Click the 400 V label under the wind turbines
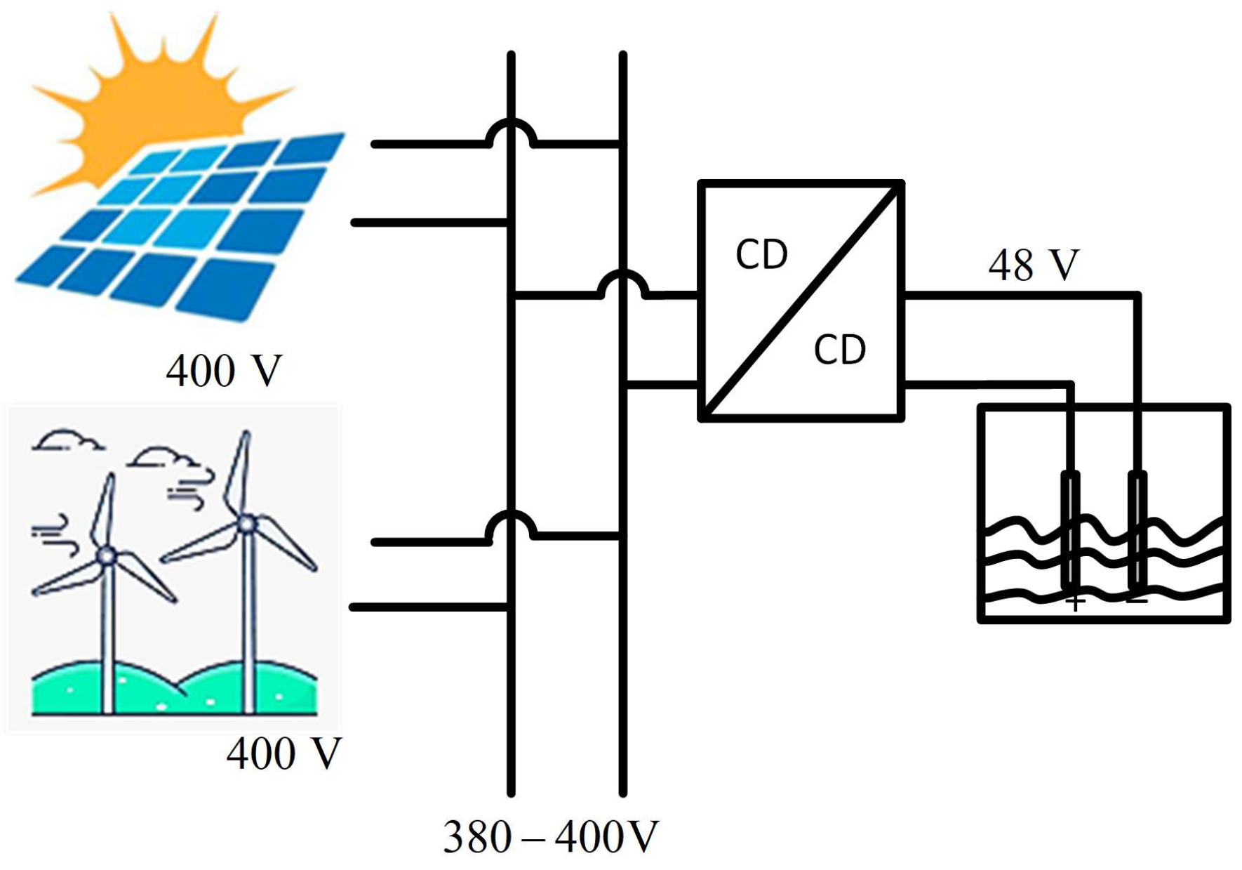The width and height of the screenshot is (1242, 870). [x=283, y=753]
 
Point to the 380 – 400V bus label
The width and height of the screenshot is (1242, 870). [x=550, y=836]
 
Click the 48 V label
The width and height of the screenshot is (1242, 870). [x=1033, y=265]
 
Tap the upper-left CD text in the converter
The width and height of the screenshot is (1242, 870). [x=761, y=254]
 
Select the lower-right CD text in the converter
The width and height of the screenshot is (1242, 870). [x=839, y=349]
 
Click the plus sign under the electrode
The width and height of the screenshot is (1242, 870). [x=1075, y=602]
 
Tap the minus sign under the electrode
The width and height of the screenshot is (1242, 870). [x=1137, y=601]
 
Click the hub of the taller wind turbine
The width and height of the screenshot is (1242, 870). [x=246, y=523]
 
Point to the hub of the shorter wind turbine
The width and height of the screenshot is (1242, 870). [x=107, y=555]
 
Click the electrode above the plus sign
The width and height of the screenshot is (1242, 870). [x=1070, y=530]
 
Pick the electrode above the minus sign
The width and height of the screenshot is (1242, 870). [x=1137, y=530]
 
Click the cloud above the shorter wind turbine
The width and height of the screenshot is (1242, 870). [x=67, y=440]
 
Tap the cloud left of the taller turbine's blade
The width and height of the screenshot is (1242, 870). [x=165, y=457]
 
